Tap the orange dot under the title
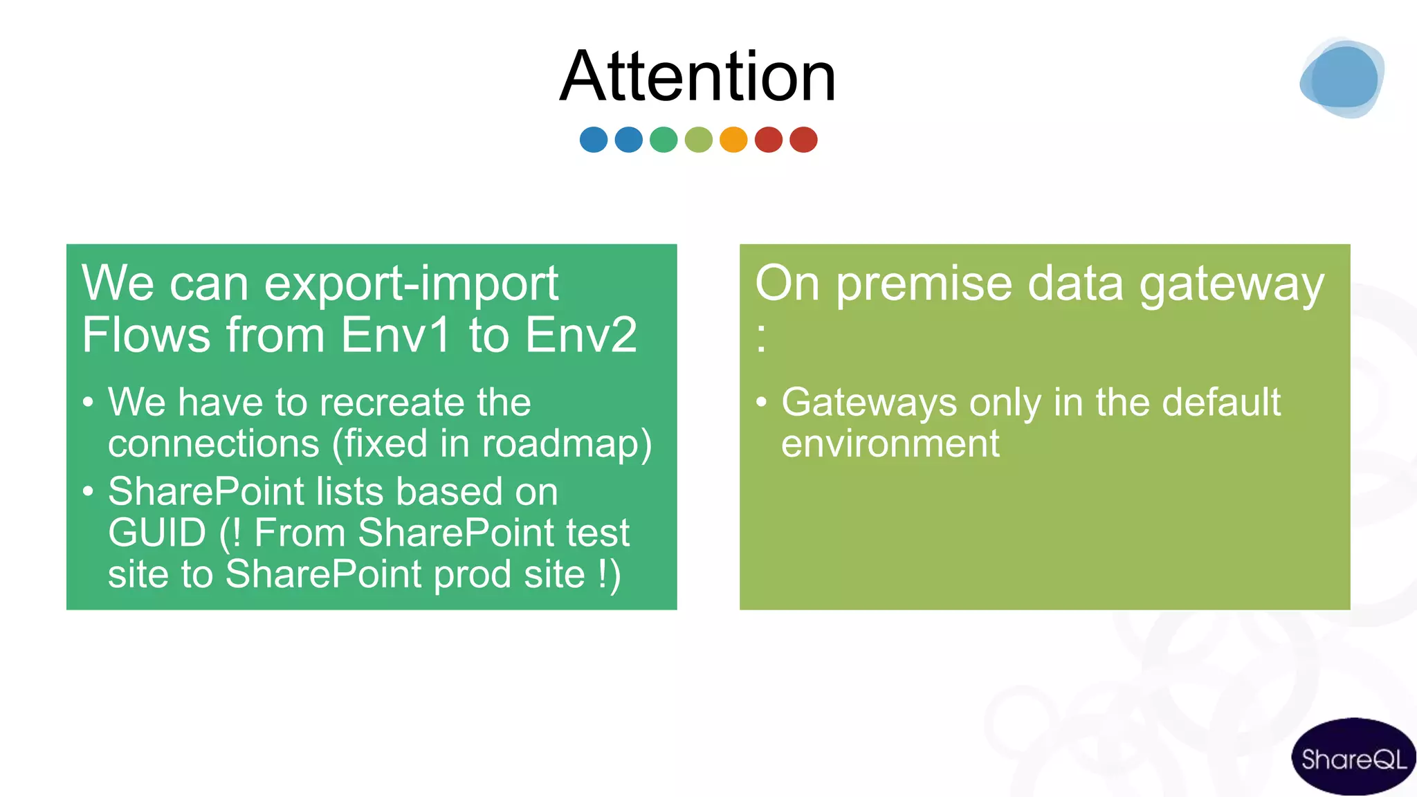(733, 140)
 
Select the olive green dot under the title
(698, 140)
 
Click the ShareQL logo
(1353, 759)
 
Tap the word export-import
(411, 284)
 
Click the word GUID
(157, 533)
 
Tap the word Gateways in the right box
(869, 403)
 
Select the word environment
(890, 443)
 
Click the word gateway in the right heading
(1231, 284)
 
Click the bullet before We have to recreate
(88, 403)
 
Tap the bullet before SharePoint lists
(88, 492)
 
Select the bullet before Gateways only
(761, 403)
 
